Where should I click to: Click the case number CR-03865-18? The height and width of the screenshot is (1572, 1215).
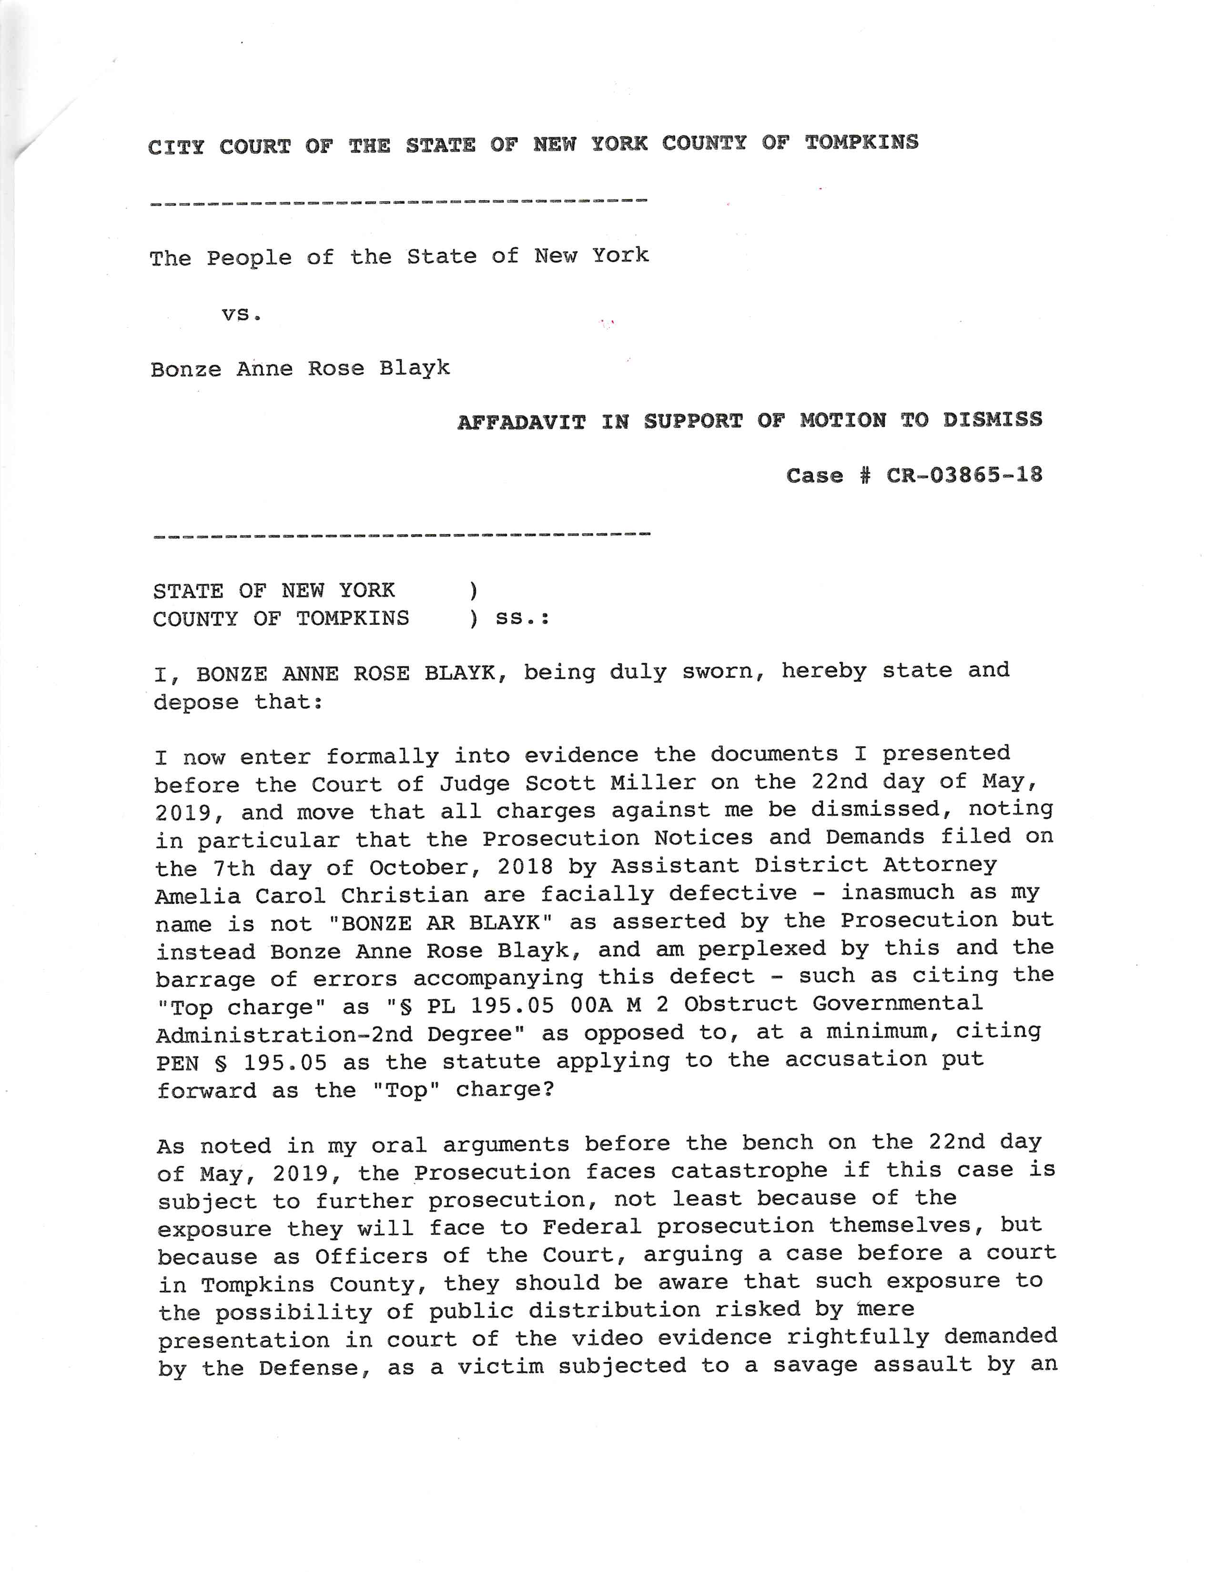[x=964, y=476]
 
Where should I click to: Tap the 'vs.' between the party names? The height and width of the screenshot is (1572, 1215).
[x=241, y=314]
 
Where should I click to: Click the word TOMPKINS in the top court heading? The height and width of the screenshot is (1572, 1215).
[x=861, y=142]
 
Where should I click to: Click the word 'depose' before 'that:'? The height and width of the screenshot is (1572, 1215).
[x=196, y=702]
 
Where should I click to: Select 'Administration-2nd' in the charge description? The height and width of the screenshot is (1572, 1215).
[x=284, y=1035]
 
